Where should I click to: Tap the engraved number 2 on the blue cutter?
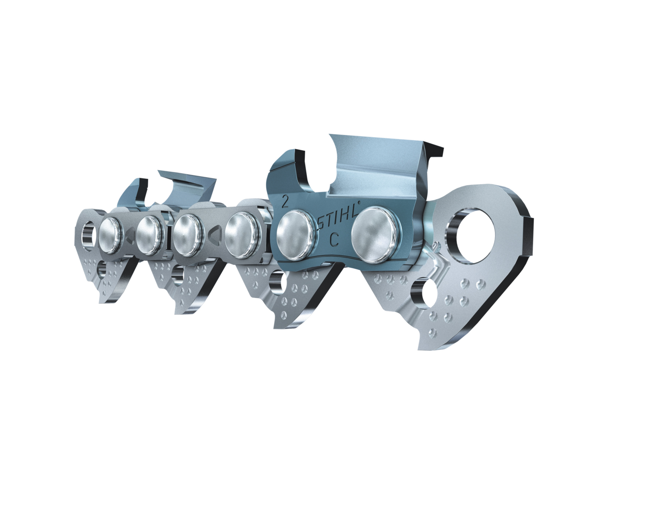285,201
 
